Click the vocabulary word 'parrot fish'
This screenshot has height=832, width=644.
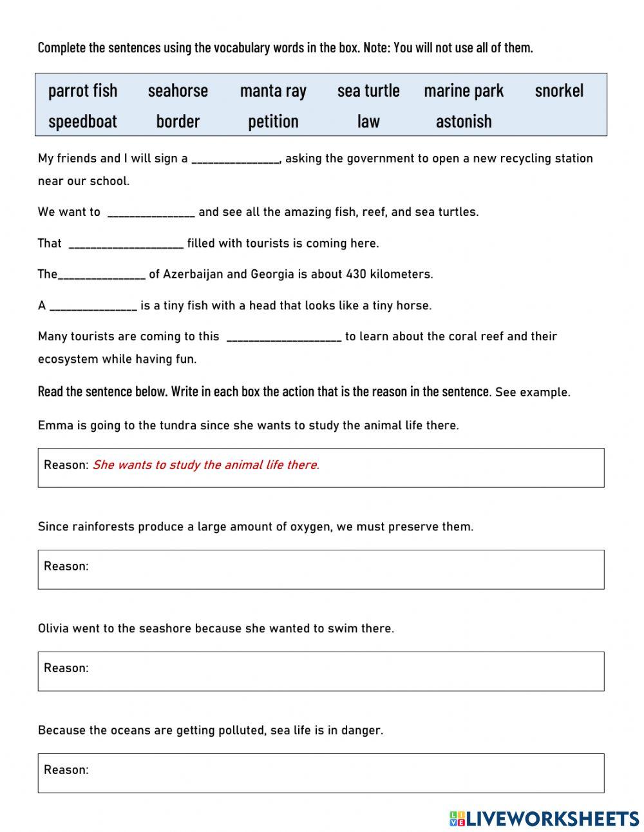tap(82, 91)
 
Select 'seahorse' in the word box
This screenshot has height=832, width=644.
tap(178, 91)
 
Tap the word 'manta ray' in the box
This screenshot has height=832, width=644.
tap(273, 91)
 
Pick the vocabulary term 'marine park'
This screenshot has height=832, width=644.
tap(464, 91)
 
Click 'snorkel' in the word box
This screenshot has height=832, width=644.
tap(559, 91)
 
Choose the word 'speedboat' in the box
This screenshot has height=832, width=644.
tap(82, 121)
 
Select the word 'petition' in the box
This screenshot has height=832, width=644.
tap(273, 121)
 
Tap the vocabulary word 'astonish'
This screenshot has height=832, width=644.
tap(464, 121)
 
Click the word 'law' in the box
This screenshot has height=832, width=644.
tap(368, 121)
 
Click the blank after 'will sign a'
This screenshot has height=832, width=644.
tap(235, 159)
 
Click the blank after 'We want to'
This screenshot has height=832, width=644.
tap(151, 213)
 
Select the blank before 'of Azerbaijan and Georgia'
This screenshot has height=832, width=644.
tap(102, 275)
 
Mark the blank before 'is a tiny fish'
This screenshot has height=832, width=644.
tap(93, 306)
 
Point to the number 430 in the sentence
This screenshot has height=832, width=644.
tap(356, 274)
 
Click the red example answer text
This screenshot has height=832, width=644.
tap(205, 465)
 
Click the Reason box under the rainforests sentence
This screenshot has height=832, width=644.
tap(321, 569)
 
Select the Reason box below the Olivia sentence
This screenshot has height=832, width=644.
tap(321, 671)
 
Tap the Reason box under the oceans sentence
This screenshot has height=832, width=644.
tap(321, 773)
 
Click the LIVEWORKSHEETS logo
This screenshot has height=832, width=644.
tap(544, 818)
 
